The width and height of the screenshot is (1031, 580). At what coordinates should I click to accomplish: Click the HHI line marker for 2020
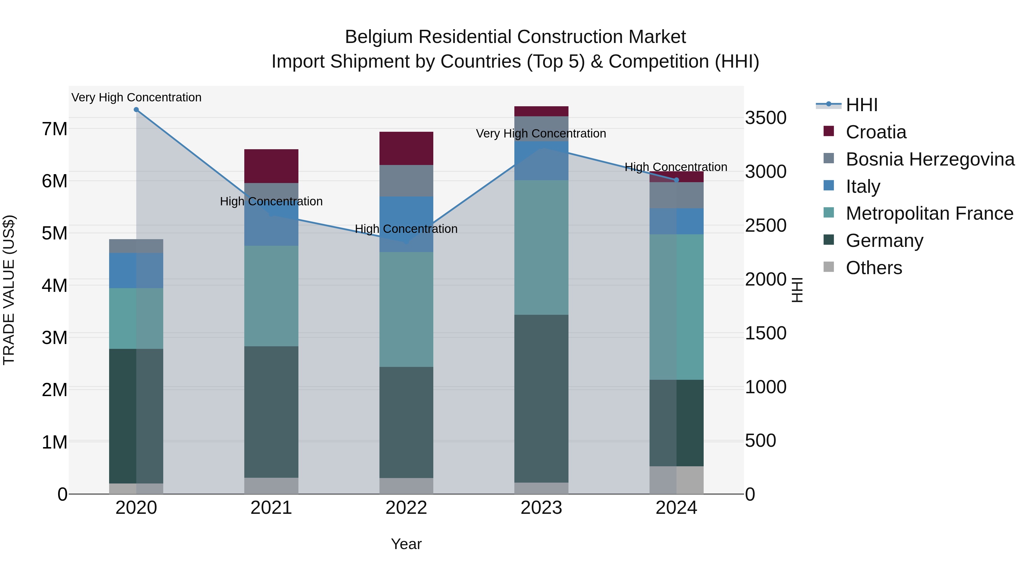[136, 110]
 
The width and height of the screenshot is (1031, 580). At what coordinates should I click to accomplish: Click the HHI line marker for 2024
[676, 180]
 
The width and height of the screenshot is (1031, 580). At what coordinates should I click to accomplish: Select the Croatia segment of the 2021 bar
[271, 166]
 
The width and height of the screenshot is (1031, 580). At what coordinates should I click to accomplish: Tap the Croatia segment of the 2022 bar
[406, 148]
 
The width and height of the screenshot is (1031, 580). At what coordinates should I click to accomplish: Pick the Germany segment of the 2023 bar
[541, 398]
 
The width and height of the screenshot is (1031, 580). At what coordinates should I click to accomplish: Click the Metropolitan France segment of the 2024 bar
[676, 307]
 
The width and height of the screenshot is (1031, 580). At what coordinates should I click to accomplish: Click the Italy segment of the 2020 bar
[136, 271]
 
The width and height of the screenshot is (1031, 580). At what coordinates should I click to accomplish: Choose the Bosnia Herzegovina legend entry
[929, 159]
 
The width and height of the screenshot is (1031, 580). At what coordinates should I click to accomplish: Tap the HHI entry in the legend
[861, 105]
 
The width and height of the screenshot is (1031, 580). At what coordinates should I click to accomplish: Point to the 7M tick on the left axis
[54, 129]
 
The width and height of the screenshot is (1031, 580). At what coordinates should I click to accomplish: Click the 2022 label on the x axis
[406, 508]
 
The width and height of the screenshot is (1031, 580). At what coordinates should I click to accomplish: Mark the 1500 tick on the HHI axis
[765, 333]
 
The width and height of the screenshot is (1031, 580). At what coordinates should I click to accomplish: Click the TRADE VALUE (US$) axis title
[9, 290]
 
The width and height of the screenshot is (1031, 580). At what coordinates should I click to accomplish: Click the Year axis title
[406, 544]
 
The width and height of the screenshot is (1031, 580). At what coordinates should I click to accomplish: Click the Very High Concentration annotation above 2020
[136, 97]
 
